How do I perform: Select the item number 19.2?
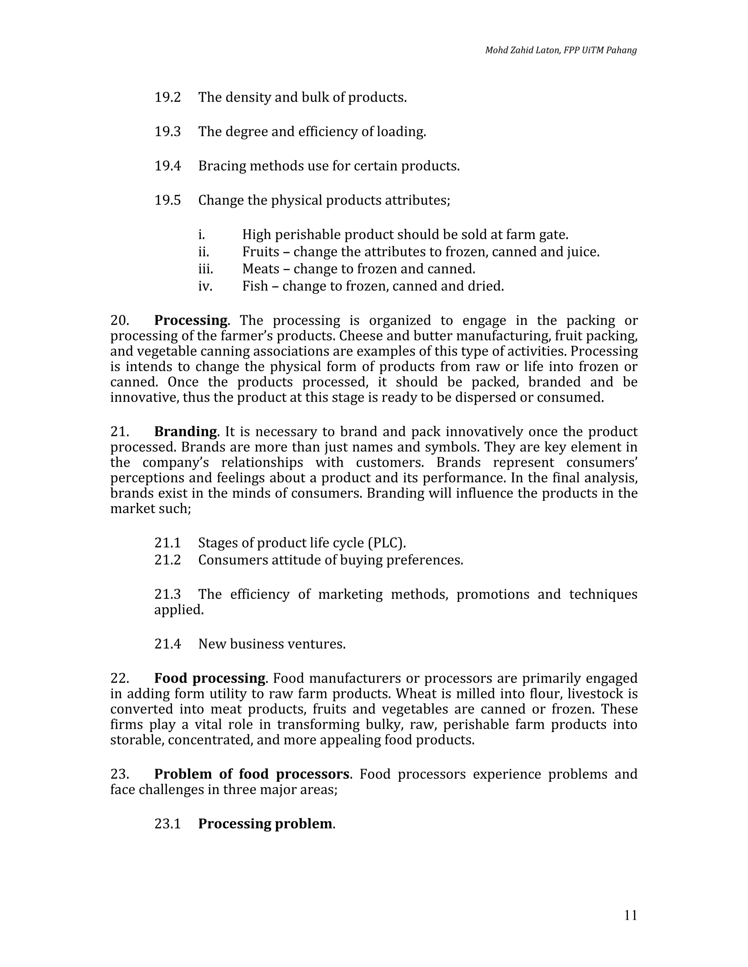pos(168,97)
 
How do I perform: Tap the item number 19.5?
pos(168,201)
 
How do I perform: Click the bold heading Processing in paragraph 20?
pos(191,320)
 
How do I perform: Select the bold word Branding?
pos(186,431)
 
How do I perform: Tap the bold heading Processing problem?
pos(265,824)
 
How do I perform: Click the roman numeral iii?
pos(205,269)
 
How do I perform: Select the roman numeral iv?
pos(205,286)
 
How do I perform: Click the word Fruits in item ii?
pos(260,252)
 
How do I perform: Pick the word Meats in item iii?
pos(260,269)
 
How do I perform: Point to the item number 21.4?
pos(168,644)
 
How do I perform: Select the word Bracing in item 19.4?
pos(222,166)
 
